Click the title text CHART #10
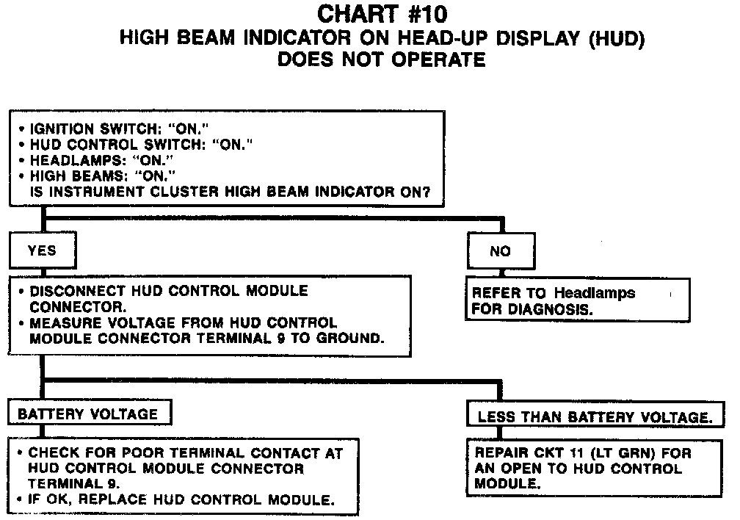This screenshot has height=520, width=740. (x=381, y=14)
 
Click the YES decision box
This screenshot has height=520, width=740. (x=42, y=250)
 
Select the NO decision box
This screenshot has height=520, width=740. (x=500, y=251)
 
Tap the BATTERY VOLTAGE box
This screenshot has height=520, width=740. (x=88, y=414)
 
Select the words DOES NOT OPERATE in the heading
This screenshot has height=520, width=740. (x=381, y=60)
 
